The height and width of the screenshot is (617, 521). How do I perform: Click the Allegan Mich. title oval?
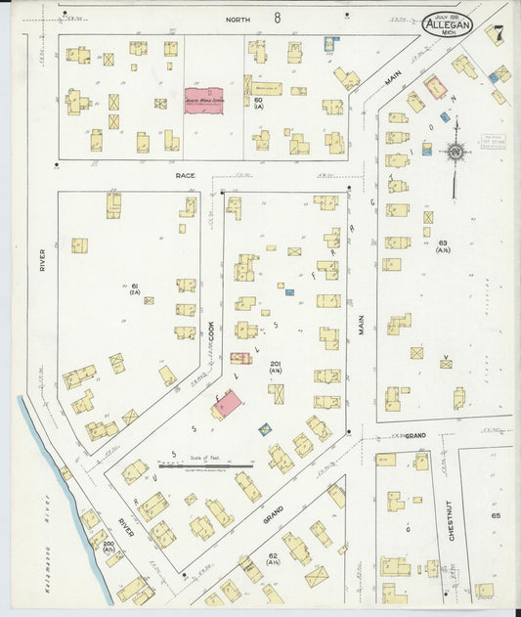pyautogui.click(x=448, y=23)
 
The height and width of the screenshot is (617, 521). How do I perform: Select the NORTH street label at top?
pyautogui.click(x=238, y=19)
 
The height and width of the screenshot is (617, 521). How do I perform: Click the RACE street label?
pyautogui.click(x=186, y=175)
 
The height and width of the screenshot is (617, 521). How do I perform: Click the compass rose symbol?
pyautogui.click(x=456, y=152)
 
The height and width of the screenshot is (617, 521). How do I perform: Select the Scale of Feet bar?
pyautogui.click(x=219, y=466)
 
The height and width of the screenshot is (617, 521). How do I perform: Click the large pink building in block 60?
pyautogui.click(x=204, y=100)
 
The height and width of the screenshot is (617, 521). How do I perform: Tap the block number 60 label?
pyautogui.click(x=259, y=101)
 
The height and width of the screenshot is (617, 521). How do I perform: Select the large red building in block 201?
pyautogui.click(x=228, y=404)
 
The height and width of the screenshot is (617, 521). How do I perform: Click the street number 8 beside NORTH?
pyautogui.click(x=278, y=18)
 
